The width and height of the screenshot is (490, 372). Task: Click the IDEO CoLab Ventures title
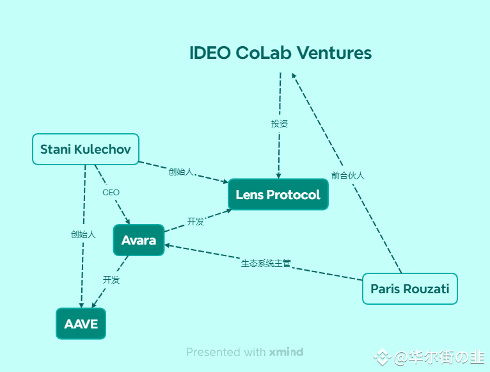pyautogui.click(x=280, y=53)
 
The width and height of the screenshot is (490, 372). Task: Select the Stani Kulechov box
pyautogui.click(x=86, y=149)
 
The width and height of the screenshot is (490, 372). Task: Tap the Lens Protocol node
pyautogui.click(x=278, y=194)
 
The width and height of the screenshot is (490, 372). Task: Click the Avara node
pyautogui.click(x=139, y=240)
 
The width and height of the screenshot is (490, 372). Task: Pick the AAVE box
pyautogui.click(x=81, y=323)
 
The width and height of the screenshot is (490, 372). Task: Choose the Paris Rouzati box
pyautogui.click(x=409, y=289)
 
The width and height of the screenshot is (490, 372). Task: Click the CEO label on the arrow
pyautogui.click(x=111, y=193)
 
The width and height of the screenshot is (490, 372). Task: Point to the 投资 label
pyautogui.click(x=279, y=124)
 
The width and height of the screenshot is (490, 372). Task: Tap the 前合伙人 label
pyautogui.click(x=348, y=175)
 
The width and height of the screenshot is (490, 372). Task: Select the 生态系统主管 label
pyautogui.click(x=266, y=263)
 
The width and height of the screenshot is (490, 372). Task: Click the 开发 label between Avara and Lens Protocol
pyautogui.click(x=195, y=222)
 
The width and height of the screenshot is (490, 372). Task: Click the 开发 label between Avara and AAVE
pyautogui.click(x=111, y=280)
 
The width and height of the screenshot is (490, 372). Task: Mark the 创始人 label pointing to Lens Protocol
pyautogui.click(x=181, y=172)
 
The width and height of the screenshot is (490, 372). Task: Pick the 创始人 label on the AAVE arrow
pyautogui.click(x=83, y=234)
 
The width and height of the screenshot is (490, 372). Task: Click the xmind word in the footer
pyautogui.click(x=286, y=352)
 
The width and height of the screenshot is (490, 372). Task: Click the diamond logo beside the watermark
pyautogui.click(x=382, y=357)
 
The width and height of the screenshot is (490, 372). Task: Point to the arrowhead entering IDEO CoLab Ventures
pyautogui.click(x=294, y=76)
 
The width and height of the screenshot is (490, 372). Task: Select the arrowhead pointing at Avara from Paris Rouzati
pyautogui.click(x=167, y=246)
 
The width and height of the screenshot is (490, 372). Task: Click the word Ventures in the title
pyautogui.click(x=334, y=53)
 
